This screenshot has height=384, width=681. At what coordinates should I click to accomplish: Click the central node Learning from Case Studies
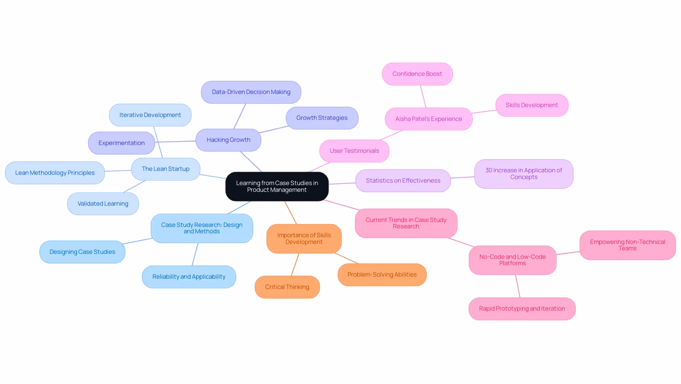click(277, 187)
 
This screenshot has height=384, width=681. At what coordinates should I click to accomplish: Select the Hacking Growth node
click(228, 140)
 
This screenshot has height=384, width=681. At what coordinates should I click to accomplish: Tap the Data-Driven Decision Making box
click(251, 92)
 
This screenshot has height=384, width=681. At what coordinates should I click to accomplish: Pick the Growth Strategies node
click(322, 118)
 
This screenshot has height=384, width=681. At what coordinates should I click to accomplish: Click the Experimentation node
click(121, 143)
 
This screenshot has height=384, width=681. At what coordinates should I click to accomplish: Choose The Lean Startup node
click(165, 169)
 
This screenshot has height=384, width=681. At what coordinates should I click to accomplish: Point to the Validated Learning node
click(103, 204)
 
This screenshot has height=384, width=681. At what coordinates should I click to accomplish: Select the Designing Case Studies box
click(82, 252)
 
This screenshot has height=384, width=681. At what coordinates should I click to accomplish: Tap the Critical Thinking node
click(287, 287)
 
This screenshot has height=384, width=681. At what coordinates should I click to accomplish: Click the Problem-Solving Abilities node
click(382, 275)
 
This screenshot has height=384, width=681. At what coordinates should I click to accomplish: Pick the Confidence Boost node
click(417, 74)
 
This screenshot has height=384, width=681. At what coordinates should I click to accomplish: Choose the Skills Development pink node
click(532, 105)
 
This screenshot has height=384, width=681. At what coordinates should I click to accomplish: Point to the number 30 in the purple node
click(489, 171)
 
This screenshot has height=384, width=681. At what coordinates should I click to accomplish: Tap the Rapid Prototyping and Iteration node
click(522, 309)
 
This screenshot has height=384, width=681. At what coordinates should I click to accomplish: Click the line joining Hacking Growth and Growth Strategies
click(274, 129)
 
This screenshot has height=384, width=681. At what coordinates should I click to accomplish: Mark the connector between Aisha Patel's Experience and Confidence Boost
click(423, 96)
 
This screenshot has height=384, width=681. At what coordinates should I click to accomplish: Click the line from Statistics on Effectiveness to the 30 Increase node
click(463, 177)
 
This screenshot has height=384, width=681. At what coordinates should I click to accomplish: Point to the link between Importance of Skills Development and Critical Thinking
click(295, 265)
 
